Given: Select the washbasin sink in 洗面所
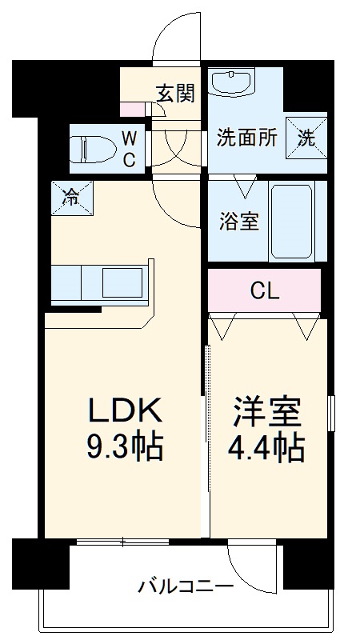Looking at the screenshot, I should [233, 82].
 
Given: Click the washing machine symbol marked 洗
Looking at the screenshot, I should [307, 137].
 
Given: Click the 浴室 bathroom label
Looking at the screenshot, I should [238, 221].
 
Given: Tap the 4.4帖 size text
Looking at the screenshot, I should [267, 447].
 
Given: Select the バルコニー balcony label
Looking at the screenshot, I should [185, 587].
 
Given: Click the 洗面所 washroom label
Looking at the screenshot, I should [246, 138].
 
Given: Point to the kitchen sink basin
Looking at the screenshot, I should [120, 283].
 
